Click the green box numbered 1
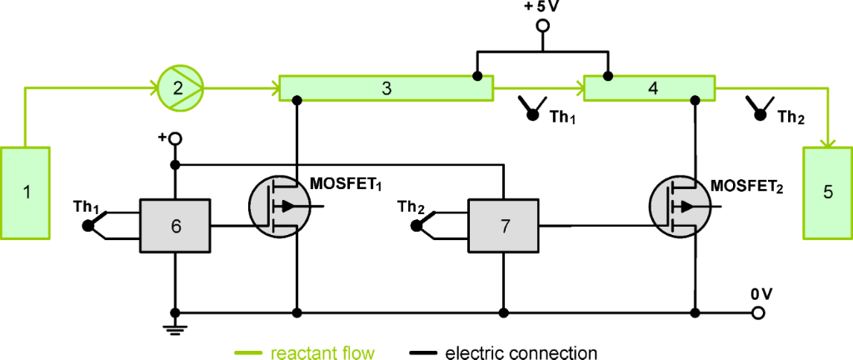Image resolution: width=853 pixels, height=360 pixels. [x=27, y=192]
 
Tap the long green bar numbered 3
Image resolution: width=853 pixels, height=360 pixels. [x=387, y=87]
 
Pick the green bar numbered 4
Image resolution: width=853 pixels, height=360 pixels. [x=649, y=87]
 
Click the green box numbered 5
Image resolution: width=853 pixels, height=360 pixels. [x=827, y=191]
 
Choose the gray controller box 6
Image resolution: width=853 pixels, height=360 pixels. [x=176, y=225]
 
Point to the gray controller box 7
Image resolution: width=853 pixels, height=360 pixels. [x=503, y=225]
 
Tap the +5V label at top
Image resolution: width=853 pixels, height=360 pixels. [x=542, y=7]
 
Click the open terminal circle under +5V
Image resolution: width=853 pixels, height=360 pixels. [x=542, y=25]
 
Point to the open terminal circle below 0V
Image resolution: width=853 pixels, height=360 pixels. [x=758, y=313]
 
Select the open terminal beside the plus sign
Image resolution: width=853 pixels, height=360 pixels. [x=176, y=139]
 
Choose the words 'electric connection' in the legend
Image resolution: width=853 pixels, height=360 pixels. [x=521, y=352]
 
